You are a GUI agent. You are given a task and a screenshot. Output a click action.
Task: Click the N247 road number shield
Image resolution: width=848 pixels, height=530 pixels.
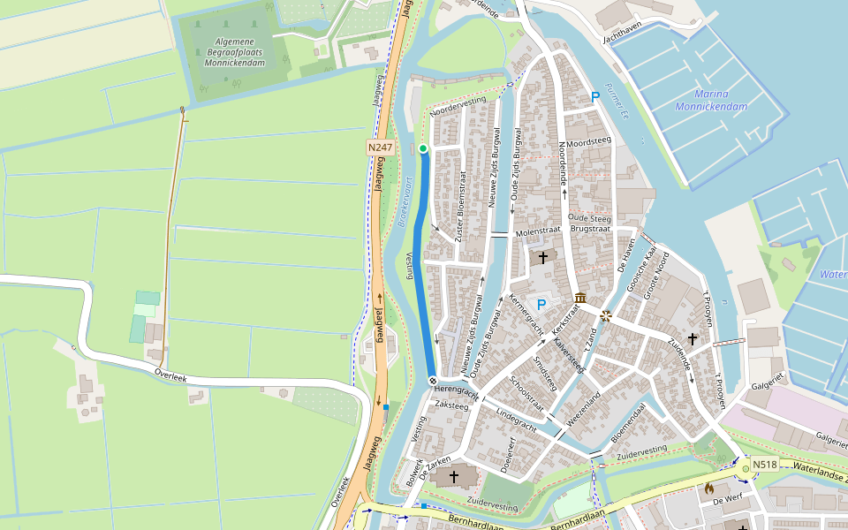[380, 148]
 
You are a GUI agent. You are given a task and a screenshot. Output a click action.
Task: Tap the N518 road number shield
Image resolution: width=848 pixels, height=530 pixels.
[766, 465]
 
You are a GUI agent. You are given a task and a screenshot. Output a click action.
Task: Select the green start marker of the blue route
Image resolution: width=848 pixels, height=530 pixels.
[423, 148]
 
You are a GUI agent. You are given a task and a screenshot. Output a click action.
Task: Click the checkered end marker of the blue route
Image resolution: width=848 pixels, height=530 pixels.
[433, 381]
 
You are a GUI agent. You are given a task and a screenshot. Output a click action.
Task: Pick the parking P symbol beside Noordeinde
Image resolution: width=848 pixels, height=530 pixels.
[595, 96]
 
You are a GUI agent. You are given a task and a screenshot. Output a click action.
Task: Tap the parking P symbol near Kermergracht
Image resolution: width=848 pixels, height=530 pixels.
[541, 304]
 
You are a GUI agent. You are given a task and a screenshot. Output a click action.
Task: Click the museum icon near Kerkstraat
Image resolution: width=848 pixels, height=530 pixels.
[580, 298]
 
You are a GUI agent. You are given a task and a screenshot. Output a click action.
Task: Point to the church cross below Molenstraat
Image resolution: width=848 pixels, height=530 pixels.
[542, 257]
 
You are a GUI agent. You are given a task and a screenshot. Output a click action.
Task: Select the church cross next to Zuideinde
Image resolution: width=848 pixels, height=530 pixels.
[693, 338]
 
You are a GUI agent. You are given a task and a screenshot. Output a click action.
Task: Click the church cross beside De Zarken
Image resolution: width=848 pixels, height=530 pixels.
[454, 477]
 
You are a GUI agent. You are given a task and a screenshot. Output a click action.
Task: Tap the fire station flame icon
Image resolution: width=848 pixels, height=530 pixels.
[708, 487]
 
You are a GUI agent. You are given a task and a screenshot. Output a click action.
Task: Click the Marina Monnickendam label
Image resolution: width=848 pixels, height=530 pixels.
[711, 100]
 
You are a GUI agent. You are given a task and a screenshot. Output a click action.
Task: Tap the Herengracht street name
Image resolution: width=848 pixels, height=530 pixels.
[456, 390]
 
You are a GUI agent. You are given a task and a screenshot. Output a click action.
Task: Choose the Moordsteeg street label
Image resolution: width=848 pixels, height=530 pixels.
[588, 141]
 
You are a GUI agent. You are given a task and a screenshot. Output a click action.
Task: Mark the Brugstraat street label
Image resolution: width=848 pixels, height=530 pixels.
[591, 228]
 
